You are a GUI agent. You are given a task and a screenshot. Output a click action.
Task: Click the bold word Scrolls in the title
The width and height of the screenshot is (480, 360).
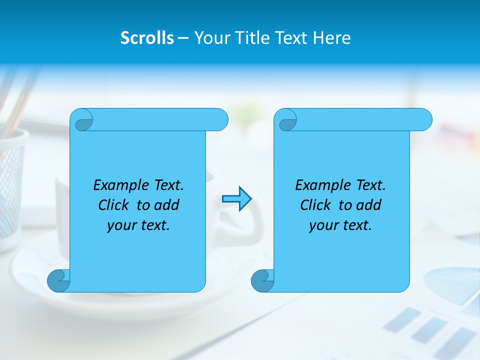147,38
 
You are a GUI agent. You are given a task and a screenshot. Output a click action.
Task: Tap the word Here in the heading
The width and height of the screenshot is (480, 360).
331,38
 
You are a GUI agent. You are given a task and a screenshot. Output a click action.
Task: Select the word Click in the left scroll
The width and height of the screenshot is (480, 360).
113,205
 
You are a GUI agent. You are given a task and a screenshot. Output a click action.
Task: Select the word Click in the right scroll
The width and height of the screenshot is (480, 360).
315,205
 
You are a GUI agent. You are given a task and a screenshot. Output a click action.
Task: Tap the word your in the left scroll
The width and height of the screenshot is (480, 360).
120,225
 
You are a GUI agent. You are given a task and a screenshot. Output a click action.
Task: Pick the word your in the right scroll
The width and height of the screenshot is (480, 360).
322,225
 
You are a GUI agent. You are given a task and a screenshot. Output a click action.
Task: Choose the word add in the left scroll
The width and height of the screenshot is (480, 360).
166,205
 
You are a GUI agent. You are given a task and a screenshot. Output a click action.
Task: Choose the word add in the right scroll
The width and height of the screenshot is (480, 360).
368,205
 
